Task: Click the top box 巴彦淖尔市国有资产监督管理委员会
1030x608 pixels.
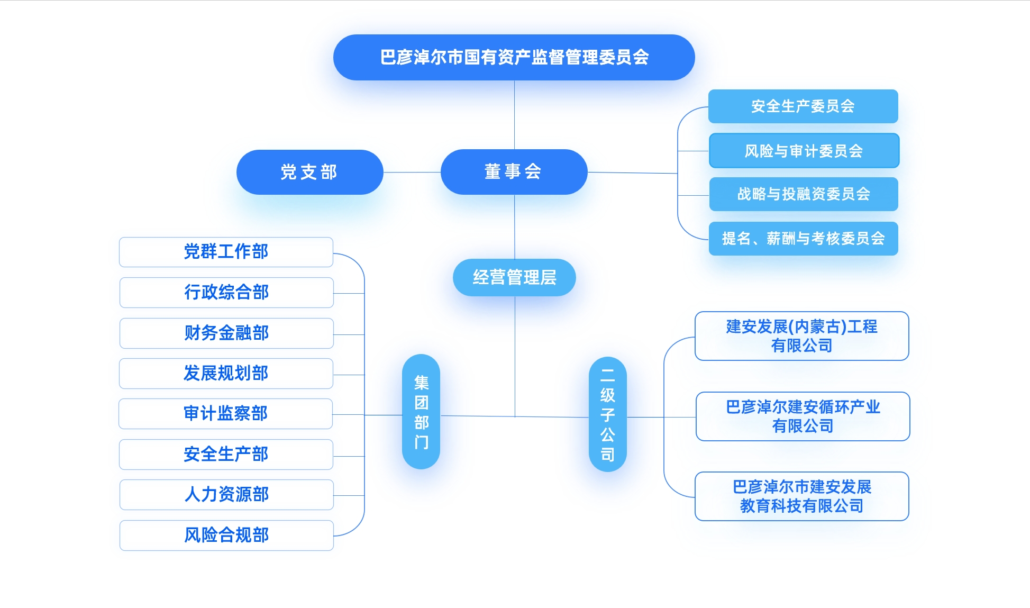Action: pos(514,57)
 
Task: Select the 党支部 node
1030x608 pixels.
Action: pos(309,172)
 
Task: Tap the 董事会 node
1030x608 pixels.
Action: pos(514,171)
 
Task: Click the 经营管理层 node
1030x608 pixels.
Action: pos(514,277)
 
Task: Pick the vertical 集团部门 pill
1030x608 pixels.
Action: pos(421,412)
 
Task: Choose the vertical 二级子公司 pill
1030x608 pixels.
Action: pos(607,414)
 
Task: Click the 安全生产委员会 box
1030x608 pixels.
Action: pos(803,106)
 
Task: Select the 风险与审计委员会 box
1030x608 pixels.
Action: pos(804,151)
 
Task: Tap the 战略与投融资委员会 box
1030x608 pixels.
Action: pos(803,194)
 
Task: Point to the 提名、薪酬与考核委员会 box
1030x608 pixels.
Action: pos(803,239)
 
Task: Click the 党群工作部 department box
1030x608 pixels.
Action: pos(226,252)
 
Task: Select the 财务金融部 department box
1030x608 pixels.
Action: pos(226,333)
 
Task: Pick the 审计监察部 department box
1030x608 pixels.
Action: pos(225,414)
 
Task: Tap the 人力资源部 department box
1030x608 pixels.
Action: pos(226,495)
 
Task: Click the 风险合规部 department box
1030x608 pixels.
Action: pos(226,536)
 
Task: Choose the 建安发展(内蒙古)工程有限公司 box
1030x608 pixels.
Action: pos(801,336)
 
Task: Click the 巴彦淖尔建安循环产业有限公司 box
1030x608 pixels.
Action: pos(803,416)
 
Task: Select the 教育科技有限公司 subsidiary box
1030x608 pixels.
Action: pos(801,496)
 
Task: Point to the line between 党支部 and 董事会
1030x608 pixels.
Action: pos(412,172)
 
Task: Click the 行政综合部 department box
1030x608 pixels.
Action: pos(226,293)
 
